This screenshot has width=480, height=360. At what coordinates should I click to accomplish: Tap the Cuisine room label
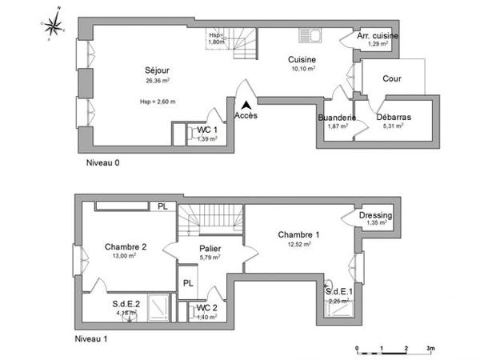[302, 59]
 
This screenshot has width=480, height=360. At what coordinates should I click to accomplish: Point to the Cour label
[391, 78]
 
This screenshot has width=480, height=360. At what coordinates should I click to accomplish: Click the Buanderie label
[336, 118]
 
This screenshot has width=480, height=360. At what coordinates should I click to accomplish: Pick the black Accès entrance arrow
[247, 104]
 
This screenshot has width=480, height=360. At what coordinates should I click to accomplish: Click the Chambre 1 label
[298, 234]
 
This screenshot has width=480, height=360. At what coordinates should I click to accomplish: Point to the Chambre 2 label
[126, 246]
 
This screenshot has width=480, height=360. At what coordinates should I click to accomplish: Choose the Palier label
[210, 249]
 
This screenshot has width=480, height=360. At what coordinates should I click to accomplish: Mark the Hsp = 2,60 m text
[157, 102]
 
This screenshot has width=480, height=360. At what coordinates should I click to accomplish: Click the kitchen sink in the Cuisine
[309, 36]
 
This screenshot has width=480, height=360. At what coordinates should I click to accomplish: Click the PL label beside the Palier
[189, 283]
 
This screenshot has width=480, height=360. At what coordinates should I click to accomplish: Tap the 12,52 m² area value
[299, 245]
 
